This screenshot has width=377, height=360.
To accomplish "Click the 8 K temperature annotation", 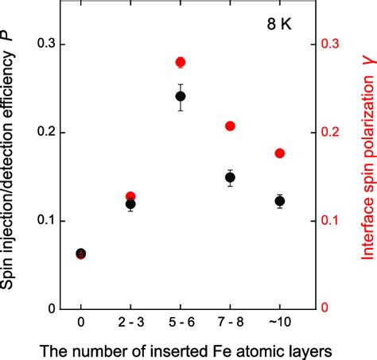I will (x=279, y=23).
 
